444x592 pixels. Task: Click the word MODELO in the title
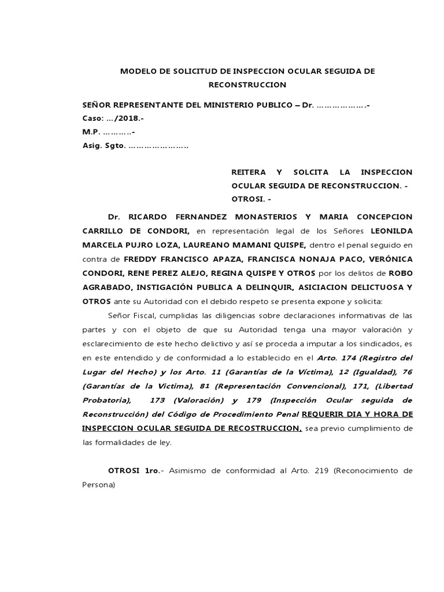(137, 71)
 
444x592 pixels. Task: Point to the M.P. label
(92, 132)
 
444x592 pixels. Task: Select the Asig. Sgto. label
(104, 146)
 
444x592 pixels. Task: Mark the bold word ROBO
(401, 273)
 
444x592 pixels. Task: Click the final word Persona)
(99, 485)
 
